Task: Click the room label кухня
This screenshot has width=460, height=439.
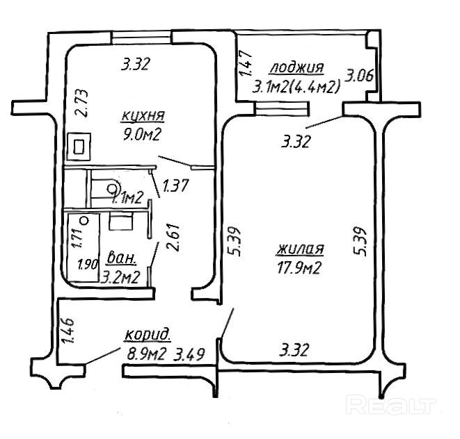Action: pos(143,115)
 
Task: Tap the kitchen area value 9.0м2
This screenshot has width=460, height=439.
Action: pos(142,135)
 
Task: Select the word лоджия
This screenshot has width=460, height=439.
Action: pos(296,67)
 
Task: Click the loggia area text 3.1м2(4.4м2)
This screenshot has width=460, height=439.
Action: pos(296,87)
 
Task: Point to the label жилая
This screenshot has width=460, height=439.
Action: pos(300,249)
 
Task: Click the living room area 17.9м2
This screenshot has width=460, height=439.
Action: pos(299,267)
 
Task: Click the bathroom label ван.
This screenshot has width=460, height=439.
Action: pos(122,258)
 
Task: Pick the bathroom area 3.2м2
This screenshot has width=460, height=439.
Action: pos(120,276)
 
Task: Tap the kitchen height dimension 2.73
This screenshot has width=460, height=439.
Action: pos(82,103)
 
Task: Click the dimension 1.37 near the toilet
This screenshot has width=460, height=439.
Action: pos(175,185)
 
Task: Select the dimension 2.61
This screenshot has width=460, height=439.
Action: pos(173,238)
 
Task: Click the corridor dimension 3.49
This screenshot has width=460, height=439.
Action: pos(189,355)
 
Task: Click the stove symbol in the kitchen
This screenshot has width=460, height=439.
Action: pos(79,147)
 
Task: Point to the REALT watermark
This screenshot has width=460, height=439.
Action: pos(391,404)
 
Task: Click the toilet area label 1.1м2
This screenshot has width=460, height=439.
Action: pos(128,198)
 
